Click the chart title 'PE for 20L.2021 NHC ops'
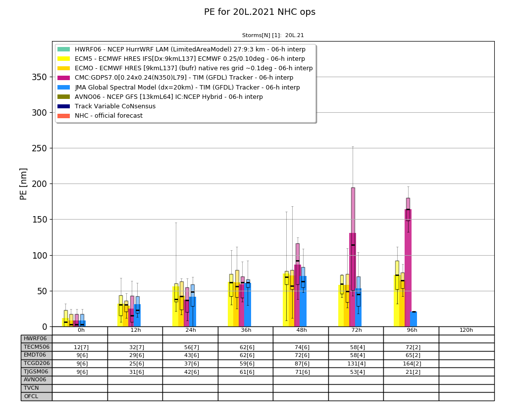(260, 12)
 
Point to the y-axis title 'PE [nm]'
(23, 184)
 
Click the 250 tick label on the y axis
(40, 148)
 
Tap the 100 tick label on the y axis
(40, 256)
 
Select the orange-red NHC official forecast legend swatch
(64, 116)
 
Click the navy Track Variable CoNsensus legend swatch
(64, 106)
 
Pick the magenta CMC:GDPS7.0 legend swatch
(64, 78)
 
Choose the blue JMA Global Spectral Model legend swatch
(64, 88)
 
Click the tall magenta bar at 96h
(408, 268)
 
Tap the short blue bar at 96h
(413, 319)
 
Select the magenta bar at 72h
(353, 280)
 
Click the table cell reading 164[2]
(411, 363)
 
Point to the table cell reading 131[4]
(356, 363)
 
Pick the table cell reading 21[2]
(411, 372)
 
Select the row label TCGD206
(37, 363)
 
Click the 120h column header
(467, 330)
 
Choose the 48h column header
(301, 330)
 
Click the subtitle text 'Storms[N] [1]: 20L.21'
(273, 36)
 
